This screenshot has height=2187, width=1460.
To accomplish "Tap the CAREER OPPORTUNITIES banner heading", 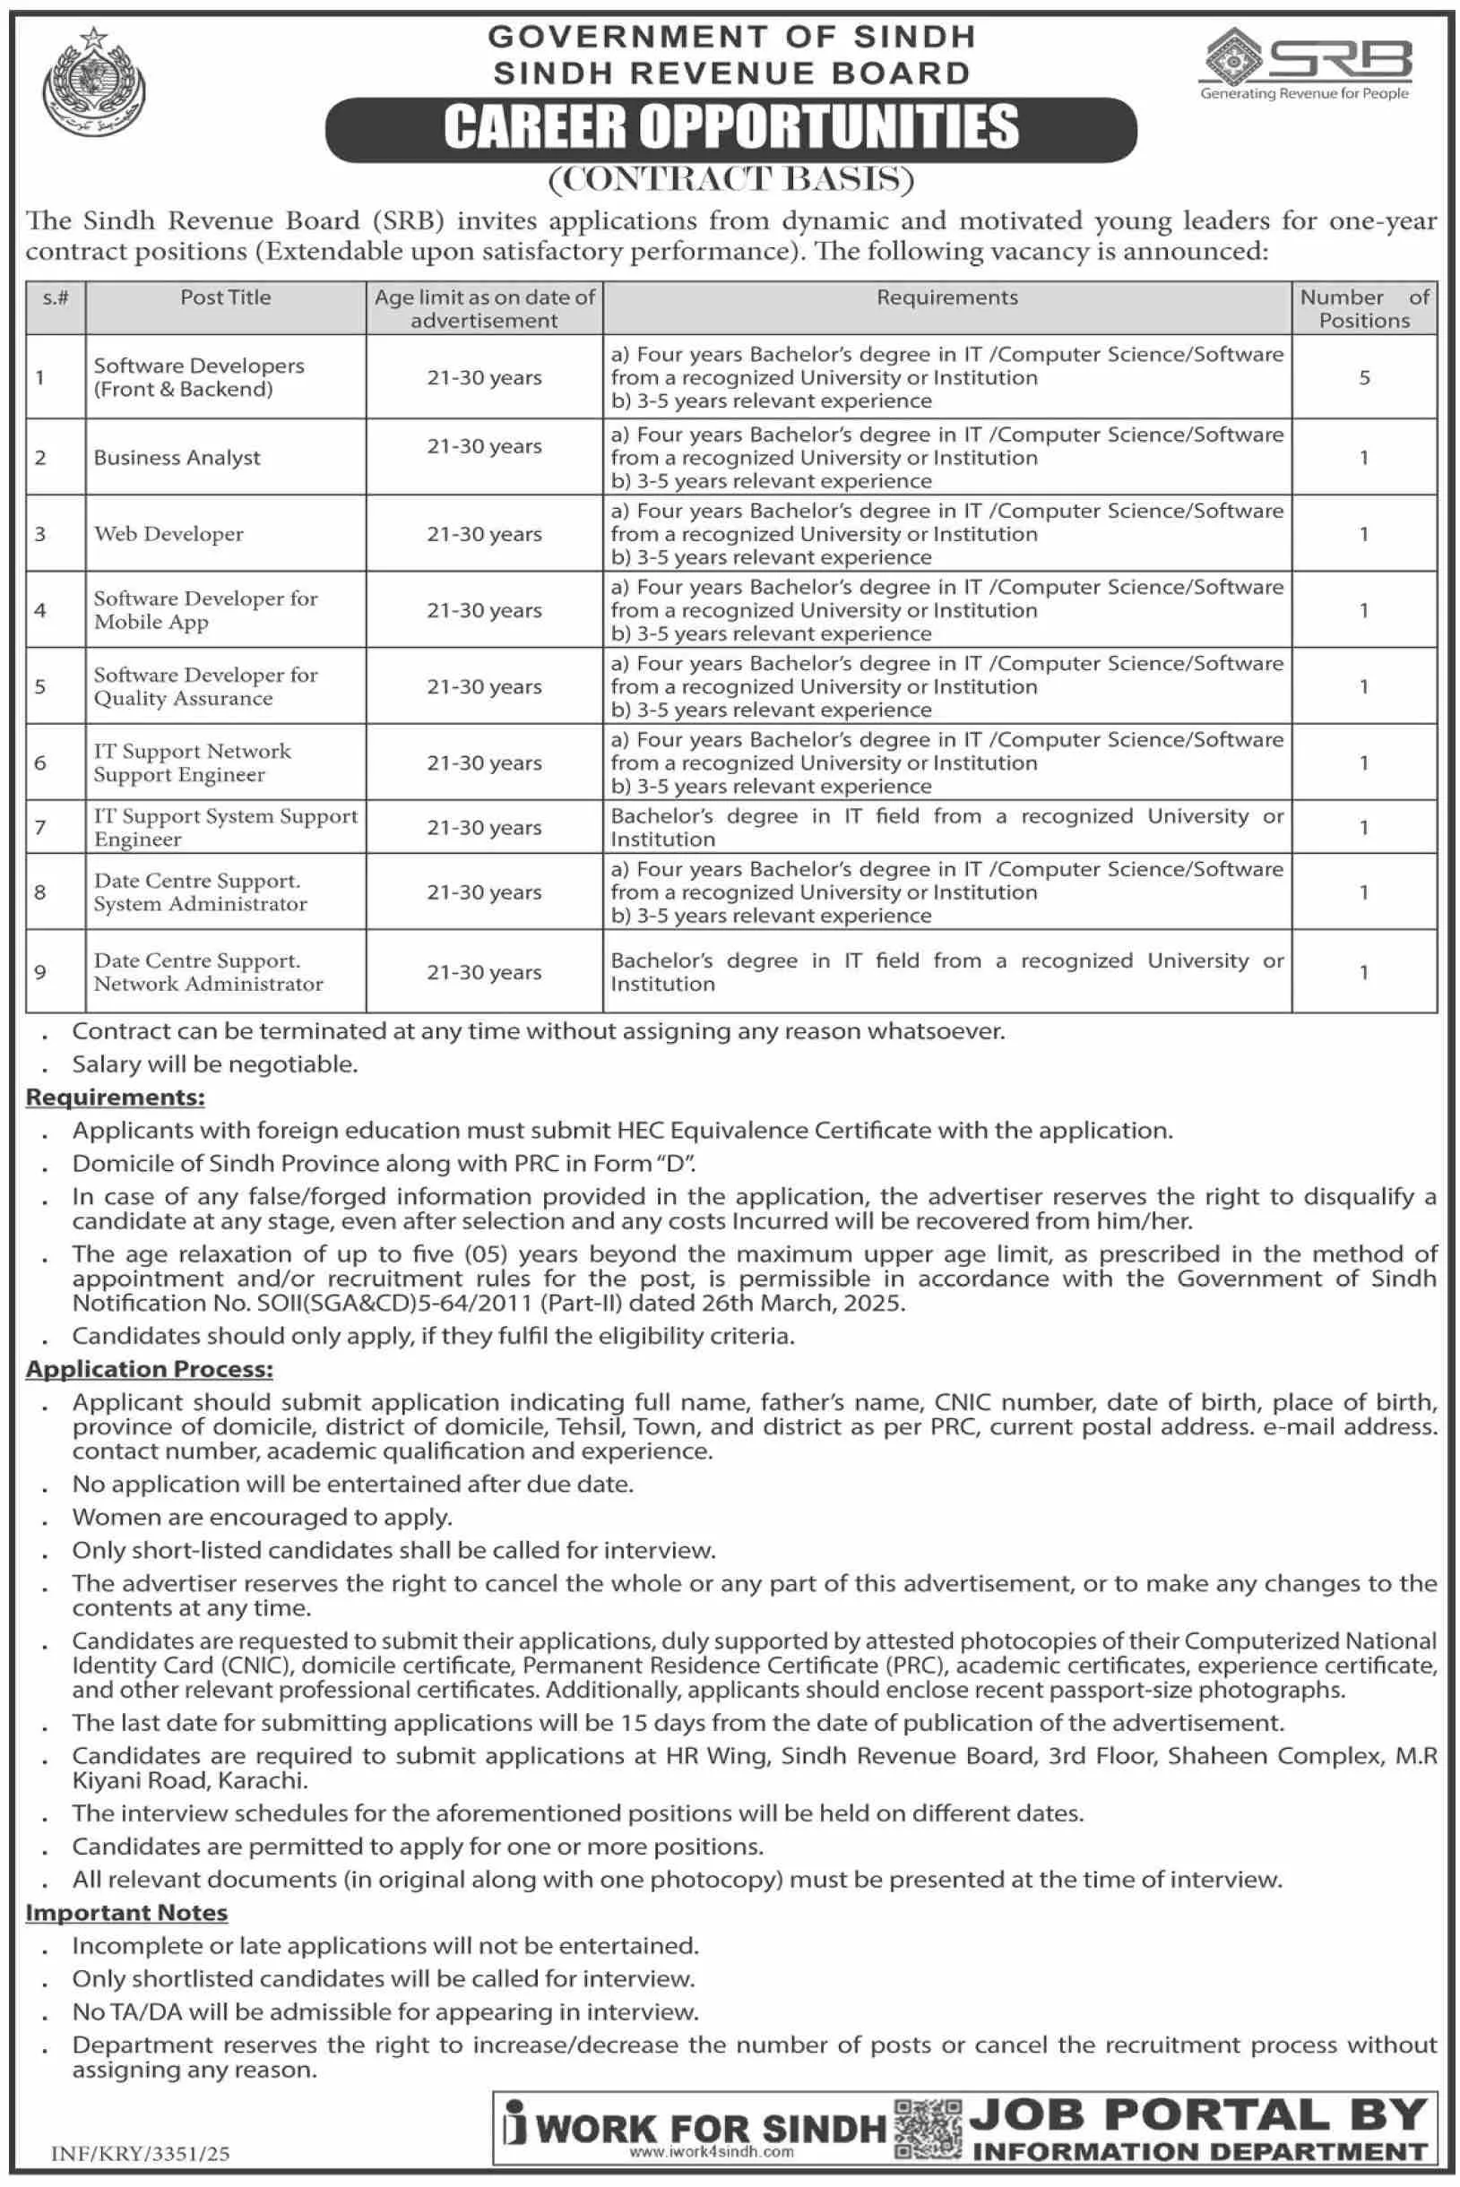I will point(731,128).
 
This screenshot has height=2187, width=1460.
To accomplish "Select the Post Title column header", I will point(225,297).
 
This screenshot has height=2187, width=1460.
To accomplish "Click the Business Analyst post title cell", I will point(177,458).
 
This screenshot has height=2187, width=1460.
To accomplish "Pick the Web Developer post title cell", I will point(168,534).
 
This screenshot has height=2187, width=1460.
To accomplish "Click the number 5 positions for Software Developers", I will point(1364,378).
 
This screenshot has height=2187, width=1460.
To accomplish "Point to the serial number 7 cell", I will point(40,827).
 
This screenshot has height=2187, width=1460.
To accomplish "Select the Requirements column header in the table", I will point(947,297).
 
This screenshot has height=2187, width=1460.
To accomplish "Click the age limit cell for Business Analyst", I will point(484,447).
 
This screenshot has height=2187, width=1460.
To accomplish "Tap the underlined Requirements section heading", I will point(116,1098).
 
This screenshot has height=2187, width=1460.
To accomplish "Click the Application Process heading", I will point(149,1369).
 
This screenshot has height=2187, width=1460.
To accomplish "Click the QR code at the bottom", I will point(928,2130).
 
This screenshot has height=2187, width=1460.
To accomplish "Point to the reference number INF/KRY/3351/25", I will point(141,2154).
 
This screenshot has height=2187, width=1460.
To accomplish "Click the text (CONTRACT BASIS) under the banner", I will point(731,178).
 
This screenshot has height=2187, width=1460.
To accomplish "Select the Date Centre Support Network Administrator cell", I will point(209,972).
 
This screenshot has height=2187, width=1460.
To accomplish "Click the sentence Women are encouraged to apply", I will point(263,1517).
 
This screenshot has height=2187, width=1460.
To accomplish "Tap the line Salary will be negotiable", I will point(215,1063).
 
